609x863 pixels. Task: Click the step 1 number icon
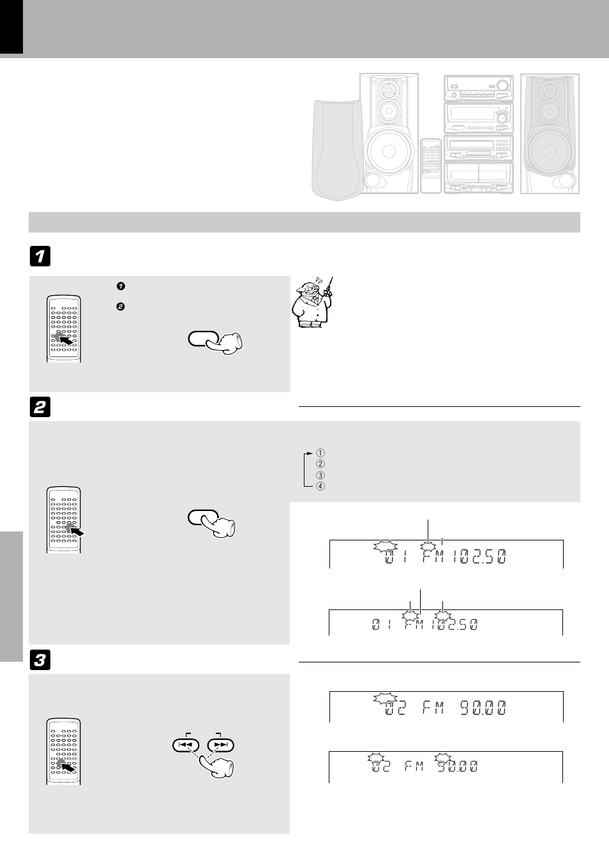coord(40,257)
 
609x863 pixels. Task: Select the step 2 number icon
coord(40,408)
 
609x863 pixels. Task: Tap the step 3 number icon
coord(40,661)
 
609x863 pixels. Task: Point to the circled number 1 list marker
coord(320,454)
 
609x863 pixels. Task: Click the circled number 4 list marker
coord(320,486)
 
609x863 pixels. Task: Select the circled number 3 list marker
coord(320,475)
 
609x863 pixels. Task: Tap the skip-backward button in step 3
coord(186,745)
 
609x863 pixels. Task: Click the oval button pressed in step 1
coord(204,339)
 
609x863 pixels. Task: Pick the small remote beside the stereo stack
coord(431,165)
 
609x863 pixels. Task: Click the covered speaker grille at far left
coord(337,150)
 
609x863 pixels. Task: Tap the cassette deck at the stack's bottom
coord(478,177)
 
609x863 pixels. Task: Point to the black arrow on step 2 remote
coord(77,529)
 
